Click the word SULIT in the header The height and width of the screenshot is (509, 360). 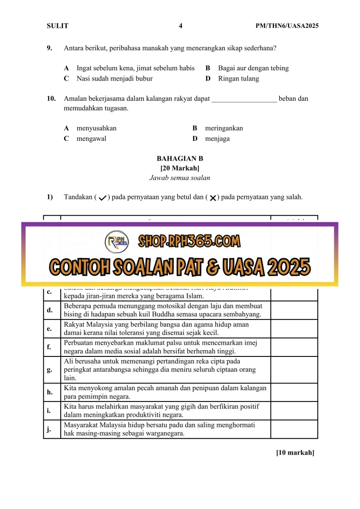tap(58, 26)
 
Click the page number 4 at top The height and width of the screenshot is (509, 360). tap(180, 26)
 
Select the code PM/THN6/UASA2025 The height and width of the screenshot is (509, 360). tap(287, 26)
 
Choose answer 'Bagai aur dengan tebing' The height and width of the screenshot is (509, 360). tap(253, 68)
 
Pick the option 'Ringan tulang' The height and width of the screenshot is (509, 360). tap(238, 78)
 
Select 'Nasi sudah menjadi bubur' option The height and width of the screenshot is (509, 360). tap(114, 78)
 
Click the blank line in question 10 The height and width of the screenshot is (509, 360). tap(244, 99)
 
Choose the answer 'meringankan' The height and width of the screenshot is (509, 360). tap(224, 128)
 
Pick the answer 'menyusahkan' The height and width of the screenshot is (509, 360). tap(96, 128)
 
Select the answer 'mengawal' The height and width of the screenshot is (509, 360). tap(91, 139)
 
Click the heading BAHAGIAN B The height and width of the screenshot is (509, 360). tap(180, 158)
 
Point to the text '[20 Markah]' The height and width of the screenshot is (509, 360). tap(180, 168)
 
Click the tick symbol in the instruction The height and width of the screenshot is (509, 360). tap(102, 198)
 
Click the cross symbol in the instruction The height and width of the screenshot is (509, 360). tap(212, 198)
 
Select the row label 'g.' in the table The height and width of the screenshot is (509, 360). tap(49, 369)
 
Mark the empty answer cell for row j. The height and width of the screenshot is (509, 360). tap(294, 429)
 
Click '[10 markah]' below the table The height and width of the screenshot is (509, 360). tap(295, 452)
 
